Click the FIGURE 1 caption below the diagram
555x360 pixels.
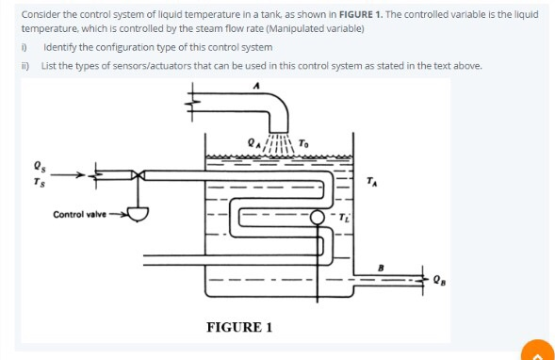click(239, 326)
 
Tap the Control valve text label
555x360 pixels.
click(80, 215)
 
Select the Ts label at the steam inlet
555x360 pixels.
click(38, 180)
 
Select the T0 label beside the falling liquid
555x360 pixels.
click(302, 143)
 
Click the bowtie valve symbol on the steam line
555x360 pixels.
click(139, 174)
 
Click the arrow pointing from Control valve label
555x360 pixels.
click(118, 215)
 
